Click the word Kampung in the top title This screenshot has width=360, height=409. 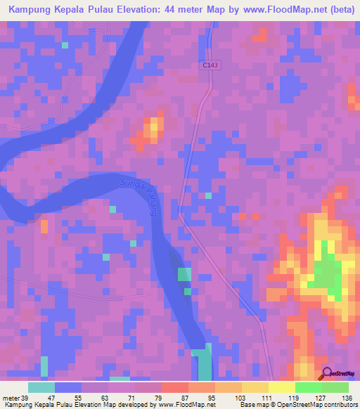point(32,9)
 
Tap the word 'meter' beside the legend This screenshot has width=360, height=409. point(11,398)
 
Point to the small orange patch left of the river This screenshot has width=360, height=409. point(44,226)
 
